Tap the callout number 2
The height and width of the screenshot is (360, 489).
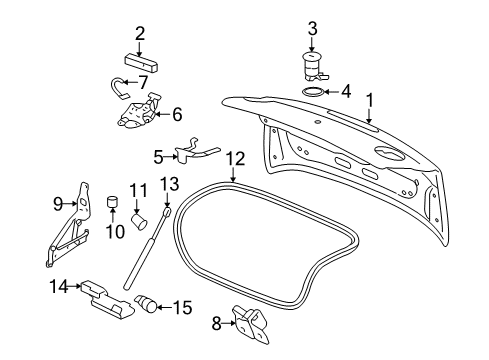(140, 33)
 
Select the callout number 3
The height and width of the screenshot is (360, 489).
(313, 28)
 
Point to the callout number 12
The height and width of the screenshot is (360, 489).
(235, 158)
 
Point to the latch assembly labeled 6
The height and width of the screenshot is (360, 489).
(142, 113)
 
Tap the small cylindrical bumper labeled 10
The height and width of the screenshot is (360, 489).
(114, 205)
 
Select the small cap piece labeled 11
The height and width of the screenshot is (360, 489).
(140, 213)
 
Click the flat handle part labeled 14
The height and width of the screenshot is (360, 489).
(105, 296)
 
